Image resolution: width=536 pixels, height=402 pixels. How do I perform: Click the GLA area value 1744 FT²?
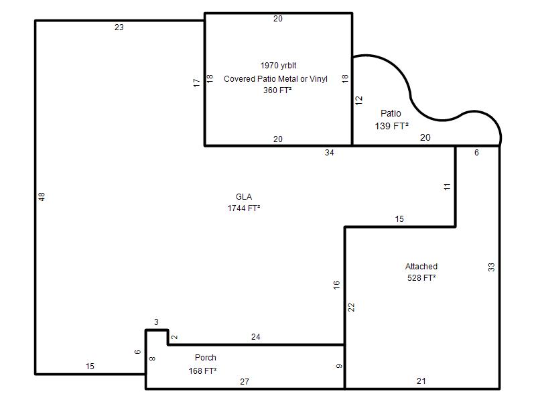pyautogui.click(x=244, y=208)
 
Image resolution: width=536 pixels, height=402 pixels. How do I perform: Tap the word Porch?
pyautogui.click(x=206, y=358)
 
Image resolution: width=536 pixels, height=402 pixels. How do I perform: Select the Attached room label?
pyautogui.click(x=421, y=266)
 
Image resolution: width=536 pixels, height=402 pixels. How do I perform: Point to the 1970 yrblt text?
pyautogui.click(x=278, y=65)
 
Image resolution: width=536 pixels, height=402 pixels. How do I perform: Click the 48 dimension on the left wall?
pyautogui.click(x=42, y=196)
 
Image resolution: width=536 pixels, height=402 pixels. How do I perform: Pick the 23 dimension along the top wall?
pyautogui.click(x=119, y=27)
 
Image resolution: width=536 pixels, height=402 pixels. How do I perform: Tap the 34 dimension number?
pyautogui.click(x=329, y=153)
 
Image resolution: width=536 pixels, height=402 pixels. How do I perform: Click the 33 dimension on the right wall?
pyautogui.click(x=491, y=267)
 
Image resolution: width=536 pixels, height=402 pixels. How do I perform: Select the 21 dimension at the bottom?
pyautogui.click(x=421, y=381)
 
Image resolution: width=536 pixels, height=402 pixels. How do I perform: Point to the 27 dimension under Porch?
pyautogui.click(x=245, y=381)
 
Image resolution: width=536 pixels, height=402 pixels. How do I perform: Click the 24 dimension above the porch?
pyautogui.click(x=256, y=337)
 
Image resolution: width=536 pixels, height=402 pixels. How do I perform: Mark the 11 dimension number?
pyautogui.click(x=447, y=187)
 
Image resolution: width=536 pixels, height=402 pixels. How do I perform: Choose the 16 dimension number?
pyautogui.click(x=336, y=285)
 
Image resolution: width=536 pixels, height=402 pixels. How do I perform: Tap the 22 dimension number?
pyautogui.click(x=351, y=308)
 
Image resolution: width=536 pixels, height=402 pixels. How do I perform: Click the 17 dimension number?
pyautogui.click(x=196, y=82)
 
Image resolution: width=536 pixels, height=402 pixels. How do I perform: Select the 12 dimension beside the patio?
pyautogui.click(x=358, y=100)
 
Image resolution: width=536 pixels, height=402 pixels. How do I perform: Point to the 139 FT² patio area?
pyautogui.click(x=392, y=126)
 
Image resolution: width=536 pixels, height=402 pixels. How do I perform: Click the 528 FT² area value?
pyautogui.click(x=421, y=277)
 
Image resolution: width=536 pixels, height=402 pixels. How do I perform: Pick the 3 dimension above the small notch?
pyautogui.click(x=156, y=322)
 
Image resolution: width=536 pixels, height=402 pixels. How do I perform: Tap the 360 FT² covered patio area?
pyautogui.click(x=277, y=90)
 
